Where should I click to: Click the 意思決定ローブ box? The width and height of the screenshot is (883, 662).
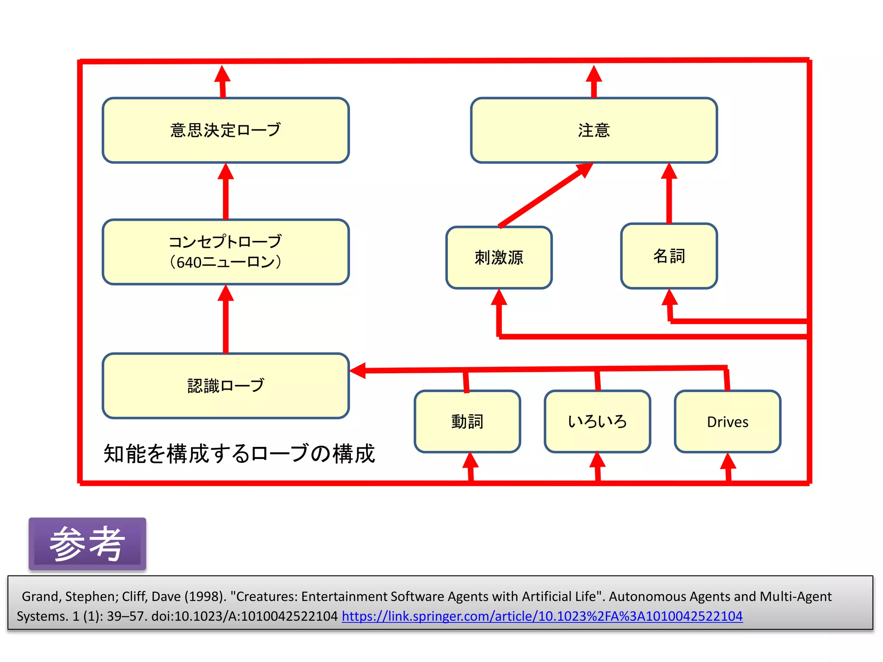tap(225, 130)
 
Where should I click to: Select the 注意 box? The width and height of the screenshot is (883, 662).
tap(594, 130)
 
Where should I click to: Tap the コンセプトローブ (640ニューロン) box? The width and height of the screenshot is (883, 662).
tap(225, 252)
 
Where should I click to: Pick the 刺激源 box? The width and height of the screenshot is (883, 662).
tap(499, 258)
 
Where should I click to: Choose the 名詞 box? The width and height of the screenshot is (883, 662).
tap(669, 256)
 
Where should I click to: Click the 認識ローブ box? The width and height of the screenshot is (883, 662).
tap(225, 386)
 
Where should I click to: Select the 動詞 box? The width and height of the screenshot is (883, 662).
tap(467, 422)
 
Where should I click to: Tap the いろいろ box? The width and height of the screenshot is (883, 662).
tap(597, 422)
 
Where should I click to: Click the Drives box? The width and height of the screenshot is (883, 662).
tap(727, 422)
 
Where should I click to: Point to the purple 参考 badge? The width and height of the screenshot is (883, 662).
tap(88, 544)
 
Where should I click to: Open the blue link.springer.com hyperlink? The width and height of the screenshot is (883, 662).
tap(542, 616)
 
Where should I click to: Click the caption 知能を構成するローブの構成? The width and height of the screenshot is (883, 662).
tap(239, 454)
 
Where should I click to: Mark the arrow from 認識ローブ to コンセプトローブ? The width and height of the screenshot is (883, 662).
tap(225, 321)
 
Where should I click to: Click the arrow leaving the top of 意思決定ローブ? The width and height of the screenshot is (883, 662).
tap(222, 82)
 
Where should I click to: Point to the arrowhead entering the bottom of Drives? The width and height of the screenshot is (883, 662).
tap(728, 462)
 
